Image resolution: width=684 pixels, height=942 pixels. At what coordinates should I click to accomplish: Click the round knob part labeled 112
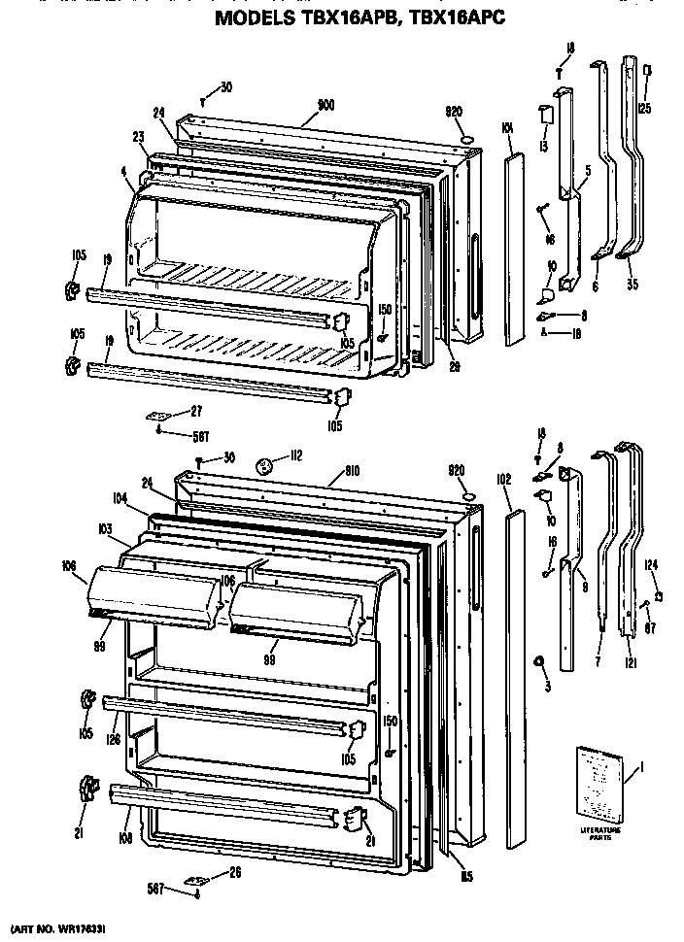(264, 467)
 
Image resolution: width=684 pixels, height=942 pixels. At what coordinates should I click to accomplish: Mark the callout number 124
(652, 564)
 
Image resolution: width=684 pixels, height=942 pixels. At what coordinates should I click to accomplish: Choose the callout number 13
(541, 147)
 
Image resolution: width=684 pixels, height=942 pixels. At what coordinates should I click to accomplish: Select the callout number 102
(503, 478)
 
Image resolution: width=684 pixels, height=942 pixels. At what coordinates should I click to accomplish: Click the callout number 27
(195, 410)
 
